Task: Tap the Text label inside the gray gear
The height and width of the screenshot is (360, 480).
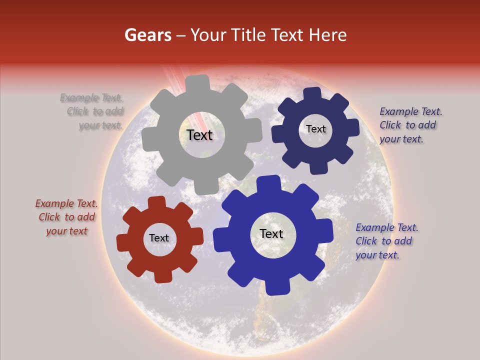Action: [199, 135]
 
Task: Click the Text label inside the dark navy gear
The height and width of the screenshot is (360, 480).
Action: [315, 129]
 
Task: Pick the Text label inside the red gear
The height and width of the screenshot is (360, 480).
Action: [159, 238]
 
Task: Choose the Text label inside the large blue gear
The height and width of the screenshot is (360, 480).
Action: [271, 234]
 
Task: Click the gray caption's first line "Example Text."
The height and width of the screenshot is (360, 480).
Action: [91, 98]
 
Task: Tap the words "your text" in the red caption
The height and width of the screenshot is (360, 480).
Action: [66, 231]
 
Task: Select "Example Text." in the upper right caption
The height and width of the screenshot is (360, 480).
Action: [411, 111]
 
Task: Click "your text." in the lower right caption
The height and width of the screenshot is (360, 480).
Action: [377, 255]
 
